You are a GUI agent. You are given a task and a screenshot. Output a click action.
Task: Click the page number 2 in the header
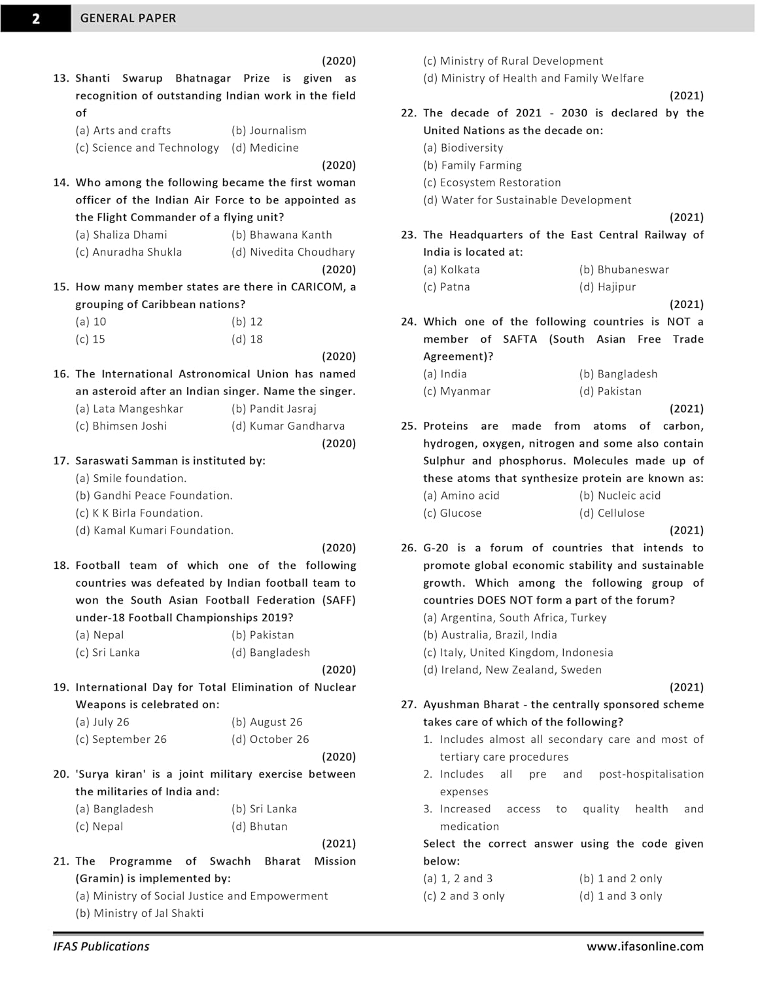tap(35, 18)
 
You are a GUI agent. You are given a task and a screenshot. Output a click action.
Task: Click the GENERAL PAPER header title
tap(128, 18)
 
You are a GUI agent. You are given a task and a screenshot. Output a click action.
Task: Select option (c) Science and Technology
tap(147, 148)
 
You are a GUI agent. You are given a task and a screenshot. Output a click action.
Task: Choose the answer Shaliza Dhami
tap(122, 235)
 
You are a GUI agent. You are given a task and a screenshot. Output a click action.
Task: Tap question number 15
tap(61, 287)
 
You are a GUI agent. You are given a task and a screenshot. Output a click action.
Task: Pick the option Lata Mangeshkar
tap(129, 409)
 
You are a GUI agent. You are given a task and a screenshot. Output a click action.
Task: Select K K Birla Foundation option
tap(139, 513)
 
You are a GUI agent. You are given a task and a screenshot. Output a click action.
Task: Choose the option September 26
tap(121, 740)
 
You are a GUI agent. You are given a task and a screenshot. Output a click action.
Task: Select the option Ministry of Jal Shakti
tap(139, 914)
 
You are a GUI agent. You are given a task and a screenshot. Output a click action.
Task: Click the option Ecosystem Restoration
tap(492, 182)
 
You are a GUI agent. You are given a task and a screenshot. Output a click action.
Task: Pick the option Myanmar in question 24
tap(457, 391)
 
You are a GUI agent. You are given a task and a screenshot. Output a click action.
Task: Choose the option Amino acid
tap(461, 496)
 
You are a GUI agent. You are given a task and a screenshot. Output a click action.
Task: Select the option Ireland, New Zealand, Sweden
tap(512, 670)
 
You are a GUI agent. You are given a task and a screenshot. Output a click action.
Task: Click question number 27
tap(409, 705)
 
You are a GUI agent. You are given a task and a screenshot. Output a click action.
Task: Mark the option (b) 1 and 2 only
tap(620, 879)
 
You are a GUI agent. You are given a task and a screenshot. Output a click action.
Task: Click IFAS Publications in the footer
tap(101, 946)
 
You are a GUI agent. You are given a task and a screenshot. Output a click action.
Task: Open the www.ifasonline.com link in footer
tap(645, 946)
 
